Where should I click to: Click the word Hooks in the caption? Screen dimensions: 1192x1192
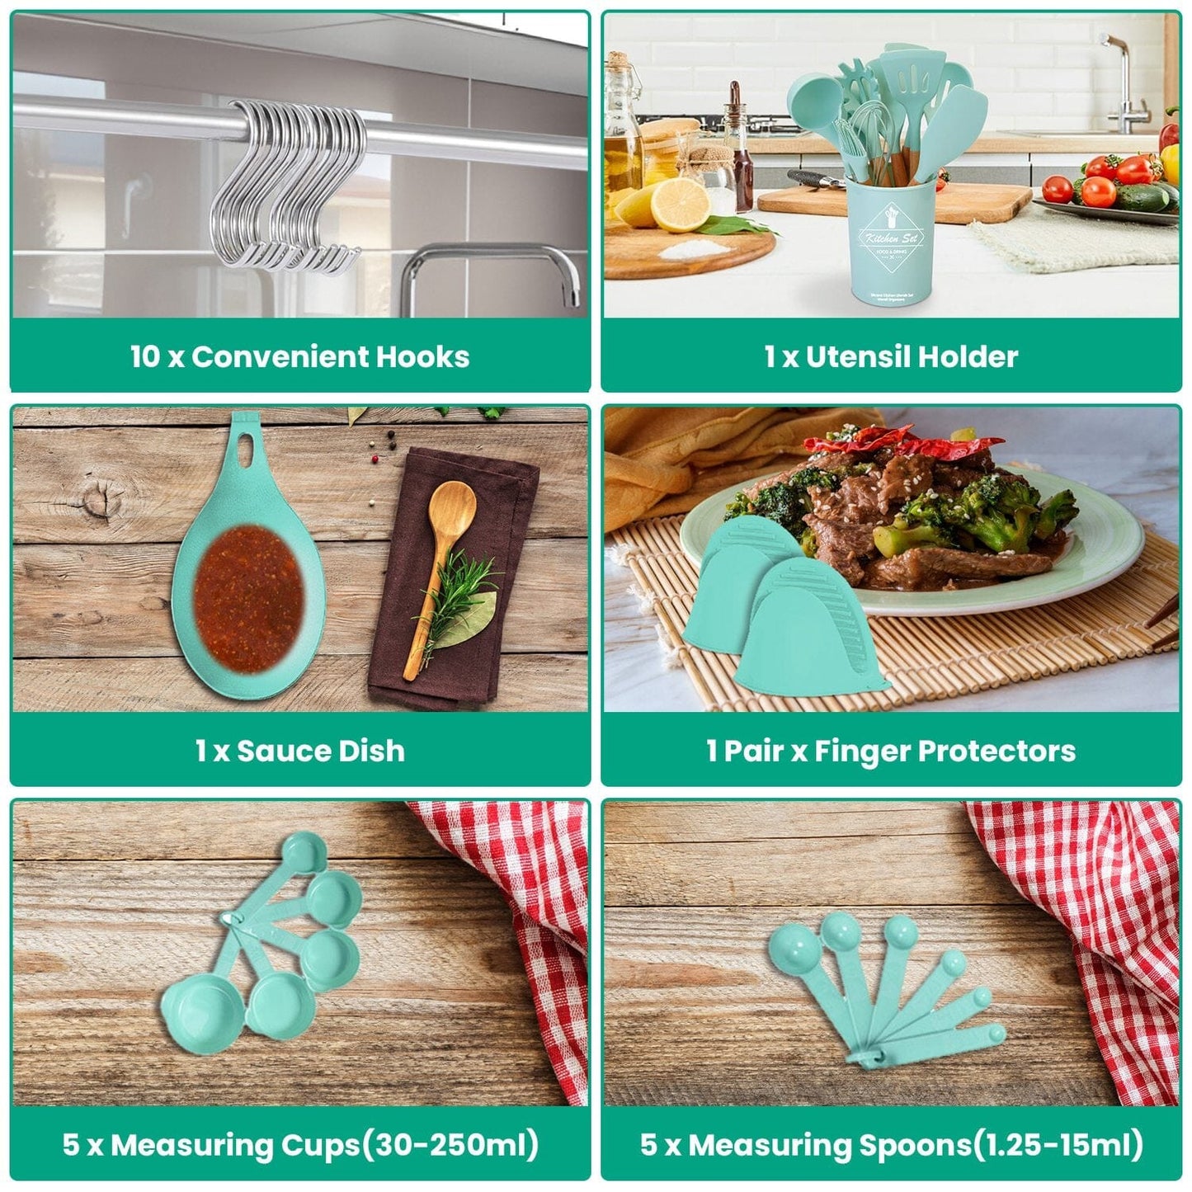pyautogui.click(x=422, y=356)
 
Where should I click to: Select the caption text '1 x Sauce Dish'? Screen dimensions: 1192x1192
pyautogui.click(x=299, y=751)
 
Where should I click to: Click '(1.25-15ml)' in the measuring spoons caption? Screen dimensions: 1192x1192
pyautogui.click(x=1058, y=1145)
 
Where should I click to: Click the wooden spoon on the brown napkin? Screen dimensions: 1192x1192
pyautogui.click(x=442, y=561)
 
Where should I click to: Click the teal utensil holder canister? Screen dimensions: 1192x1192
pyautogui.click(x=891, y=243)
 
